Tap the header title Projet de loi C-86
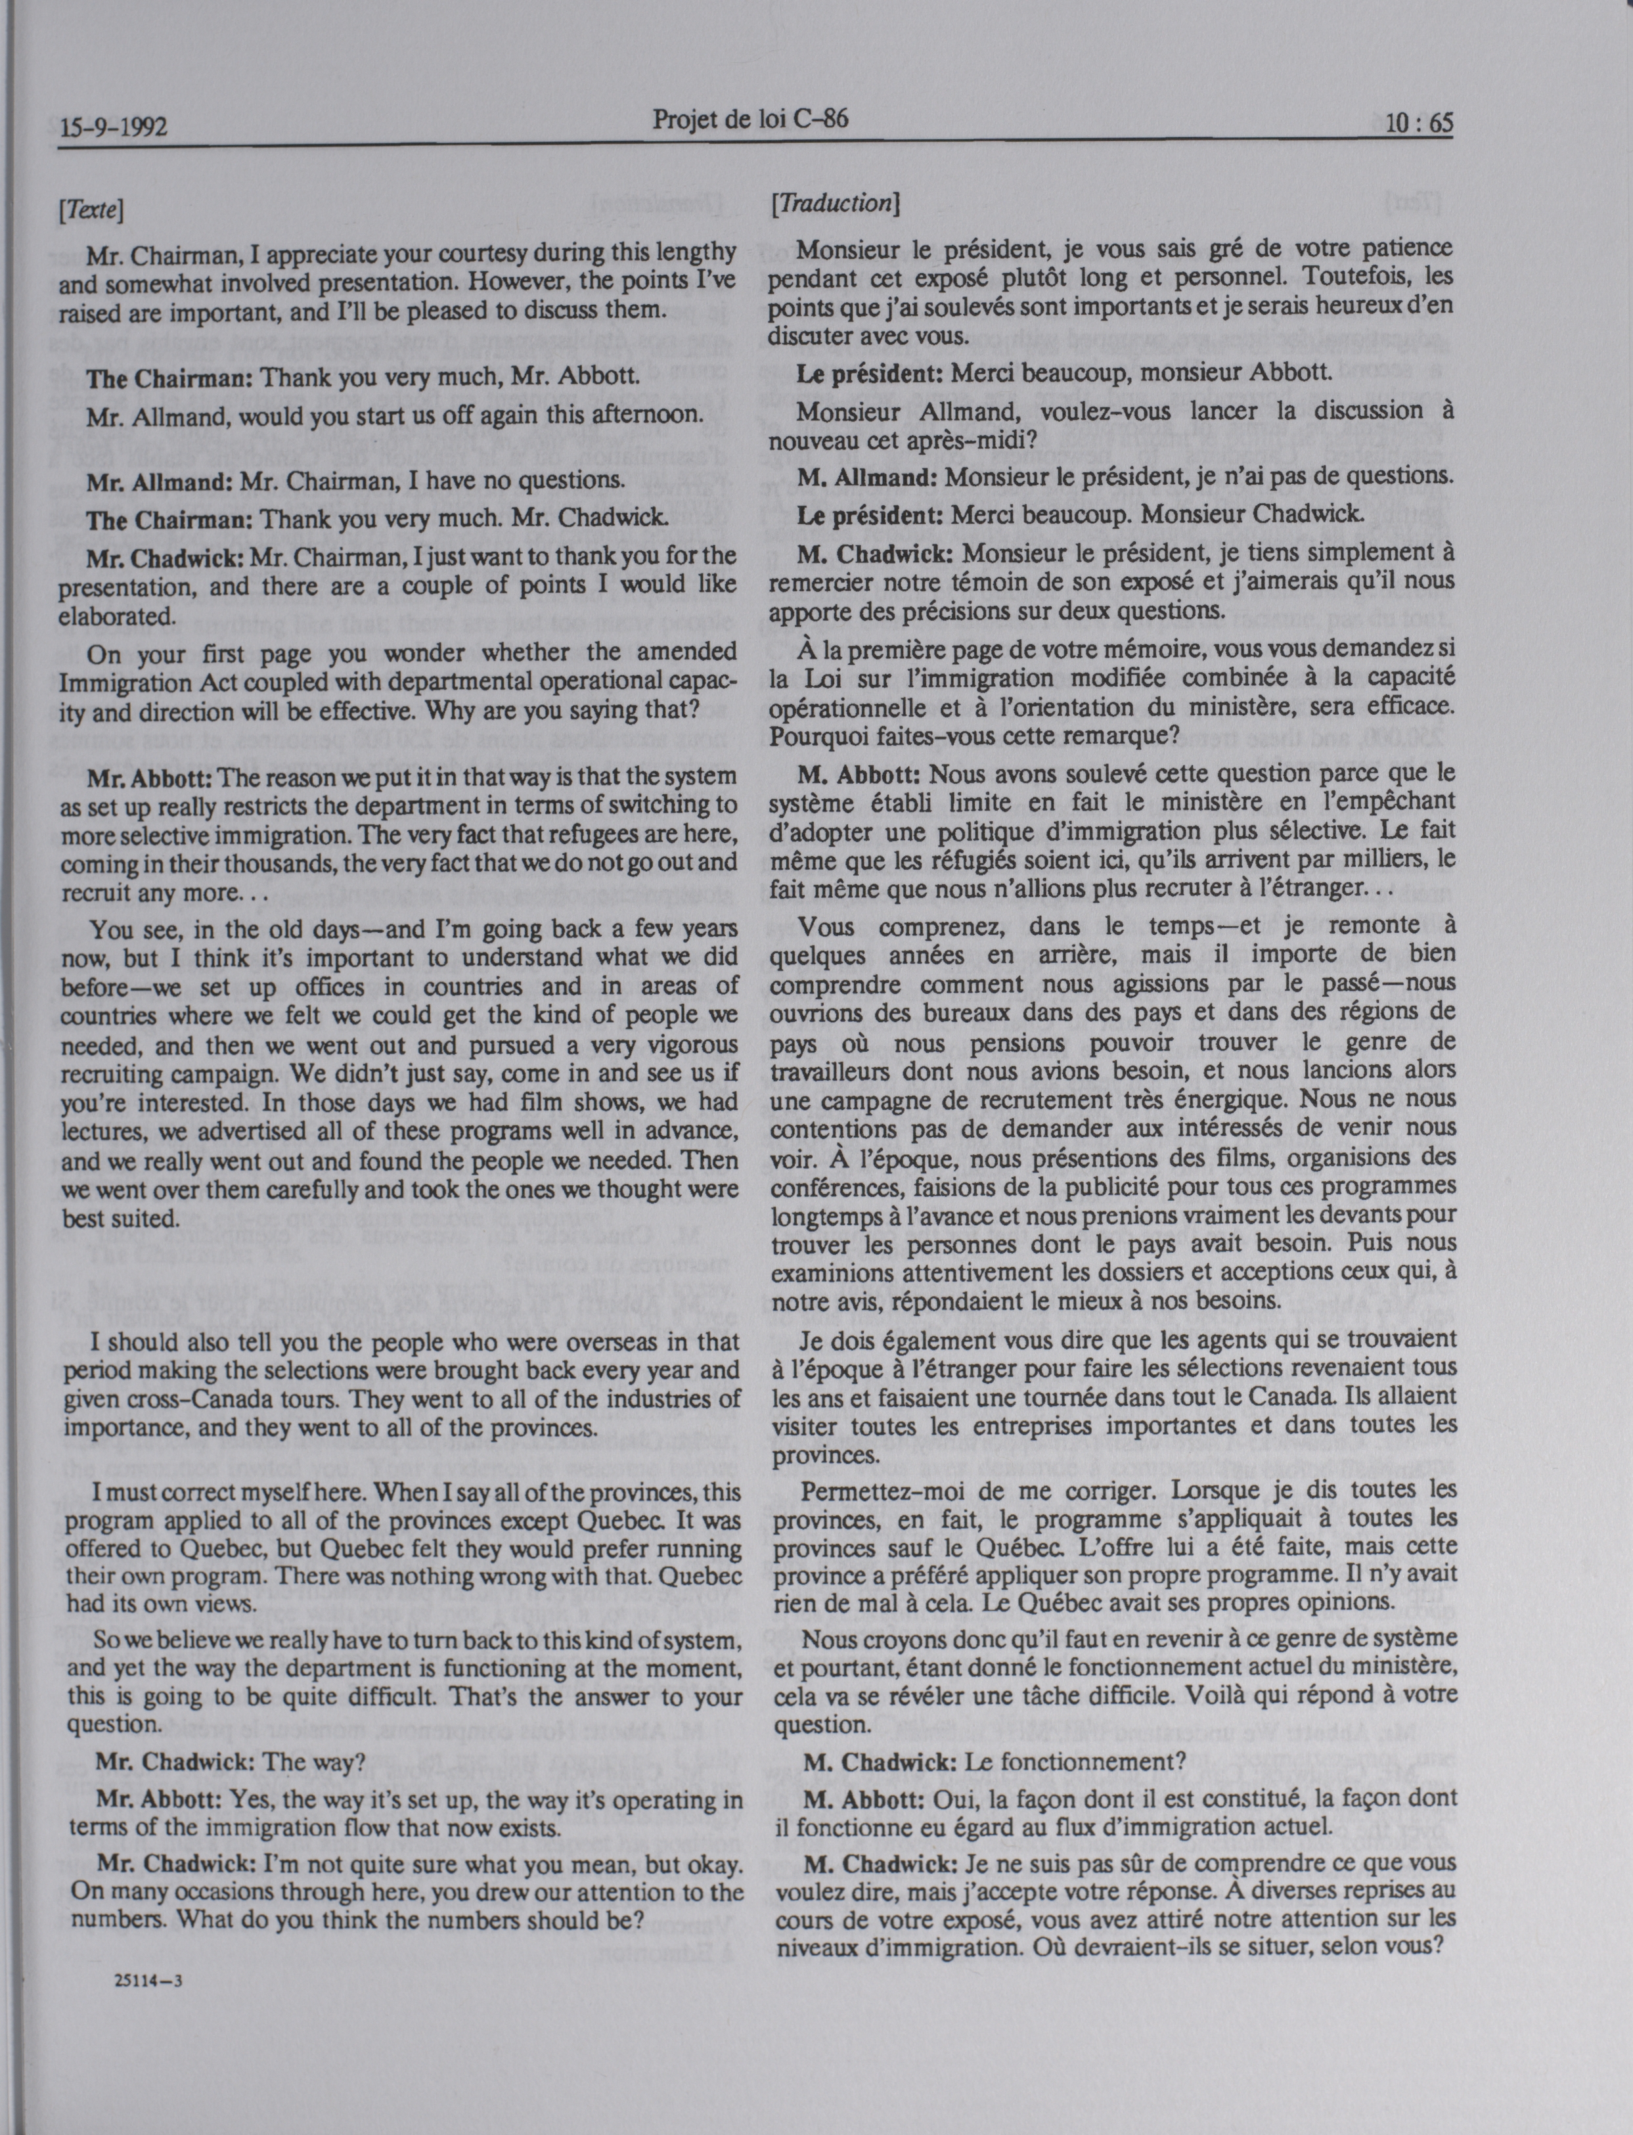750,120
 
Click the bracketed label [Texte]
91,209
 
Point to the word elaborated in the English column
116,616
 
